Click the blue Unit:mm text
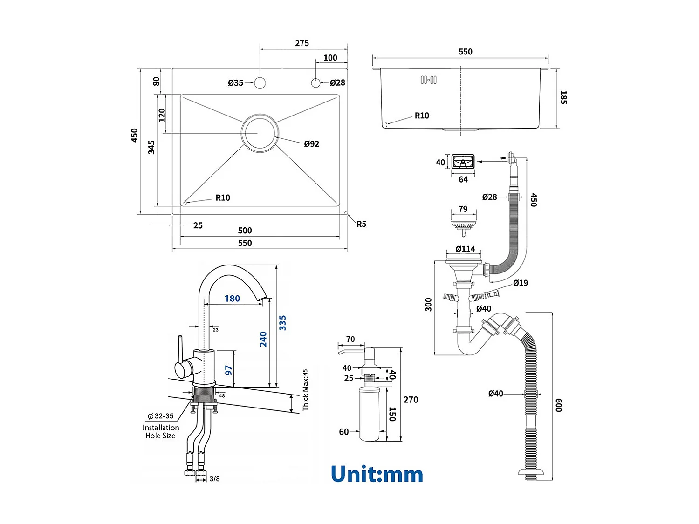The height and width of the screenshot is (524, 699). [377, 474]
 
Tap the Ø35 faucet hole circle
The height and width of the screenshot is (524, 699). [260, 83]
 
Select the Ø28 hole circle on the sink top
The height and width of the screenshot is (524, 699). [316, 83]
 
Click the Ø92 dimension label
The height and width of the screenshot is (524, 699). [311, 144]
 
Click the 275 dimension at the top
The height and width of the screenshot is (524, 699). [302, 43]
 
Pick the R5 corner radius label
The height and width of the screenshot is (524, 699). [361, 224]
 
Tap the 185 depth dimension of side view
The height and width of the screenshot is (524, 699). [563, 97]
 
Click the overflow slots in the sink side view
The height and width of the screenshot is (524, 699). [429, 80]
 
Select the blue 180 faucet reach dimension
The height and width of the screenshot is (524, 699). [232, 299]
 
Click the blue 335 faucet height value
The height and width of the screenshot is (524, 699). [282, 323]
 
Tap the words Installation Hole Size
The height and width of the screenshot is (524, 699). [161, 432]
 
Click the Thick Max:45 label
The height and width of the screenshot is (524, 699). [305, 390]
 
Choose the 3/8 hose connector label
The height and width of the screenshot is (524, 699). [214, 479]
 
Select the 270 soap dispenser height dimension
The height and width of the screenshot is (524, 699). [411, 400]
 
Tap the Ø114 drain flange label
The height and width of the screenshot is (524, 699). [465, 249]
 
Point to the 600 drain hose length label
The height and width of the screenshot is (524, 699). [559, 405]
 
